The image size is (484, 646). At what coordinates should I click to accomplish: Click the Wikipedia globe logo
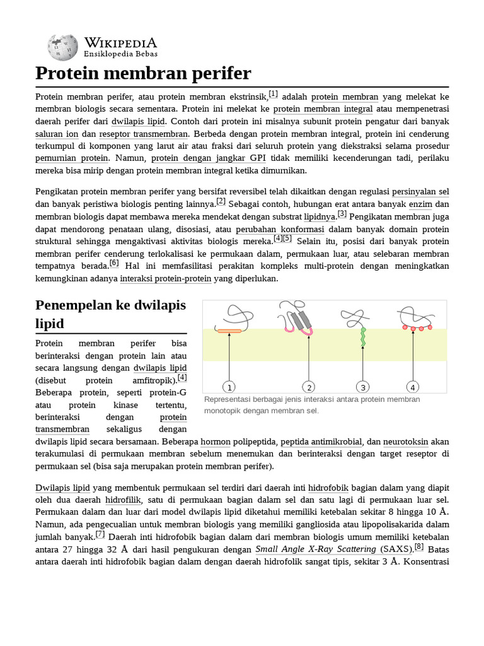[62, 47]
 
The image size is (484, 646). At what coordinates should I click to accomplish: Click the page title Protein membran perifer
[143, 74]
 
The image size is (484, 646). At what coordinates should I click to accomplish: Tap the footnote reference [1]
[273, 94]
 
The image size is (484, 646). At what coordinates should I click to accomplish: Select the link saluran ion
[57, 134]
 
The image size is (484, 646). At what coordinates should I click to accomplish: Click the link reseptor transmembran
[144, 134]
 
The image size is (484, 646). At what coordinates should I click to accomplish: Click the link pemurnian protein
[72, 158]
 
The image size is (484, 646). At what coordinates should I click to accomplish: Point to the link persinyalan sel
[420, 191]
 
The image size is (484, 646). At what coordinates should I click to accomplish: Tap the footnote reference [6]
[114, 263]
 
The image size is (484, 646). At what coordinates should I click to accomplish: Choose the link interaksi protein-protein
[165, 278]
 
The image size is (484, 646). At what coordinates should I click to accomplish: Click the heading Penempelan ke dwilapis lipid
[111, 314]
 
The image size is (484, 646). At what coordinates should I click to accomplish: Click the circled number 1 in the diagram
[229, 387]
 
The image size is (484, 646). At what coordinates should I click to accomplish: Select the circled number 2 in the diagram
[308, 387]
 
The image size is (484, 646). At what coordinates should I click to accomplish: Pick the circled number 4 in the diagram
[413, 387]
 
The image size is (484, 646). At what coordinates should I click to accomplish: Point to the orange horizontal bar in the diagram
[229, 330]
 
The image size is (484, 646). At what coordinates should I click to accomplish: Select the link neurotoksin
[407, 442]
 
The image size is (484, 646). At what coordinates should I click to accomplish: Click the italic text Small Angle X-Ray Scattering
[316, 549]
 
